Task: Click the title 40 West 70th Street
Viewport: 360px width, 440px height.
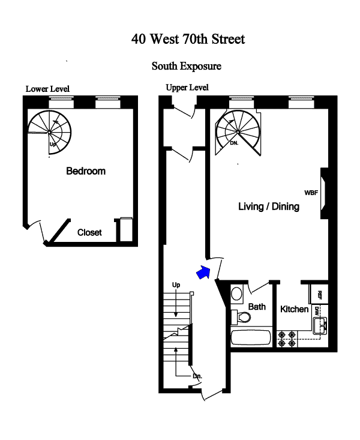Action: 188,40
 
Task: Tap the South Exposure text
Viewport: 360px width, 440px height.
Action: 186,65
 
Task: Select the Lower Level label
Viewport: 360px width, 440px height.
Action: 47,89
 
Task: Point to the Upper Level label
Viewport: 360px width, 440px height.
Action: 187,88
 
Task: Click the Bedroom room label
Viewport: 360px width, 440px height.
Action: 86,171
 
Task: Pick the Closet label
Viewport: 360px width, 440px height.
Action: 89,232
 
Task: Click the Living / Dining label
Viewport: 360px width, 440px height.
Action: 269,206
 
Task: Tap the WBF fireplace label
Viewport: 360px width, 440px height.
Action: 311,193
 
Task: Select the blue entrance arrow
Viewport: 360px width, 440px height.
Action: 203,273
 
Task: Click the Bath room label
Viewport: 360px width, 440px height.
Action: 257,307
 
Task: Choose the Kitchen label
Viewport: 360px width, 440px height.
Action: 295,310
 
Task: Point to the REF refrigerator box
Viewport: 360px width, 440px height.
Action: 320,294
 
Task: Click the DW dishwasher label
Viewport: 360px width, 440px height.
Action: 317,310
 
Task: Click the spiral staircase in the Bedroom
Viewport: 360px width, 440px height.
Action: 50,131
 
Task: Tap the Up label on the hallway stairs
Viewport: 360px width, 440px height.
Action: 176,284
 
